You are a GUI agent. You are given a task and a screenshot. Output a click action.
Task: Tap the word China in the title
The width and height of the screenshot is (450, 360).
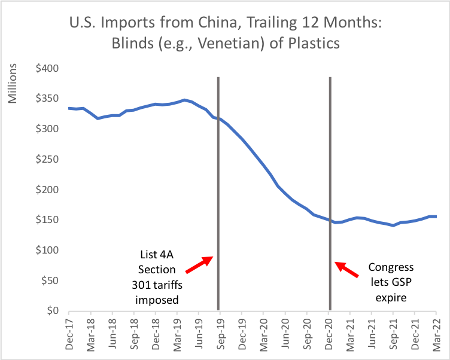[214, 25]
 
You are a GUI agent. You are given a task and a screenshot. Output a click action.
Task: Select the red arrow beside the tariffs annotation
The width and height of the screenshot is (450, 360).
[198, 263]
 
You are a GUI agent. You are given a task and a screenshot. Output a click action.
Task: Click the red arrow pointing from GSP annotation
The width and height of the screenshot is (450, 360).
[347, 270]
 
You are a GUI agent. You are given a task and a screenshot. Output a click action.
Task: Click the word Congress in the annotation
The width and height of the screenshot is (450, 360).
[391, 267]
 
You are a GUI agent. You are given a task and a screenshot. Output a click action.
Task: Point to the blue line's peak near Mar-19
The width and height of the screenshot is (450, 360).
[184, 100]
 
